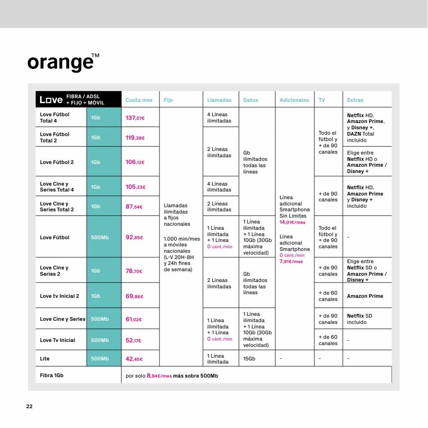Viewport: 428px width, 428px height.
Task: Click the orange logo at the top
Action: pos(64,62)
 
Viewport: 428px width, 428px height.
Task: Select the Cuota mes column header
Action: pos(139,100)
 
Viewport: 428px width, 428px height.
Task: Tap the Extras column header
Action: pos(355,100)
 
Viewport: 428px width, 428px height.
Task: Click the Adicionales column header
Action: pos(294,100)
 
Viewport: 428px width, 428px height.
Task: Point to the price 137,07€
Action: pos(135,118)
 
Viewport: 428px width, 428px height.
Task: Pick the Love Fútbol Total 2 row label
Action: pos(55,137)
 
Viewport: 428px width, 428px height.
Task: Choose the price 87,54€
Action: pos(134,207)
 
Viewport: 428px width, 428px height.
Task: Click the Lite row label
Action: pos(45,359)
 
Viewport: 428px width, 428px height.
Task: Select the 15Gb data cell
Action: pos(249,359)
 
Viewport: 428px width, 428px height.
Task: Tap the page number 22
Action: pos(29,406)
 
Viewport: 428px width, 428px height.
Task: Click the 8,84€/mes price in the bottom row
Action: pos(159,376)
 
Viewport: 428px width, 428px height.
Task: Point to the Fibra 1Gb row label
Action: pos(52,375)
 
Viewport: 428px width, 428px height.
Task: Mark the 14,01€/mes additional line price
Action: pos(292,222)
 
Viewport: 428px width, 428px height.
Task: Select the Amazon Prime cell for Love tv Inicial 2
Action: pos(365,296)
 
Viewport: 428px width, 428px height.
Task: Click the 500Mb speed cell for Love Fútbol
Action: pos(100,237)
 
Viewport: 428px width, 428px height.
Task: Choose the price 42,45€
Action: pos(134,359)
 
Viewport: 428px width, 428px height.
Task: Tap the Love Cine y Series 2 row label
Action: pos(54,271)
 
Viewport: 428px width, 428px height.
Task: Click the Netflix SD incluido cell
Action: pos(360,319)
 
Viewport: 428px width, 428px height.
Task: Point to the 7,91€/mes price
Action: pos(291,261)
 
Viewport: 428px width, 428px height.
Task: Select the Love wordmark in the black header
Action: pos(51,100)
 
